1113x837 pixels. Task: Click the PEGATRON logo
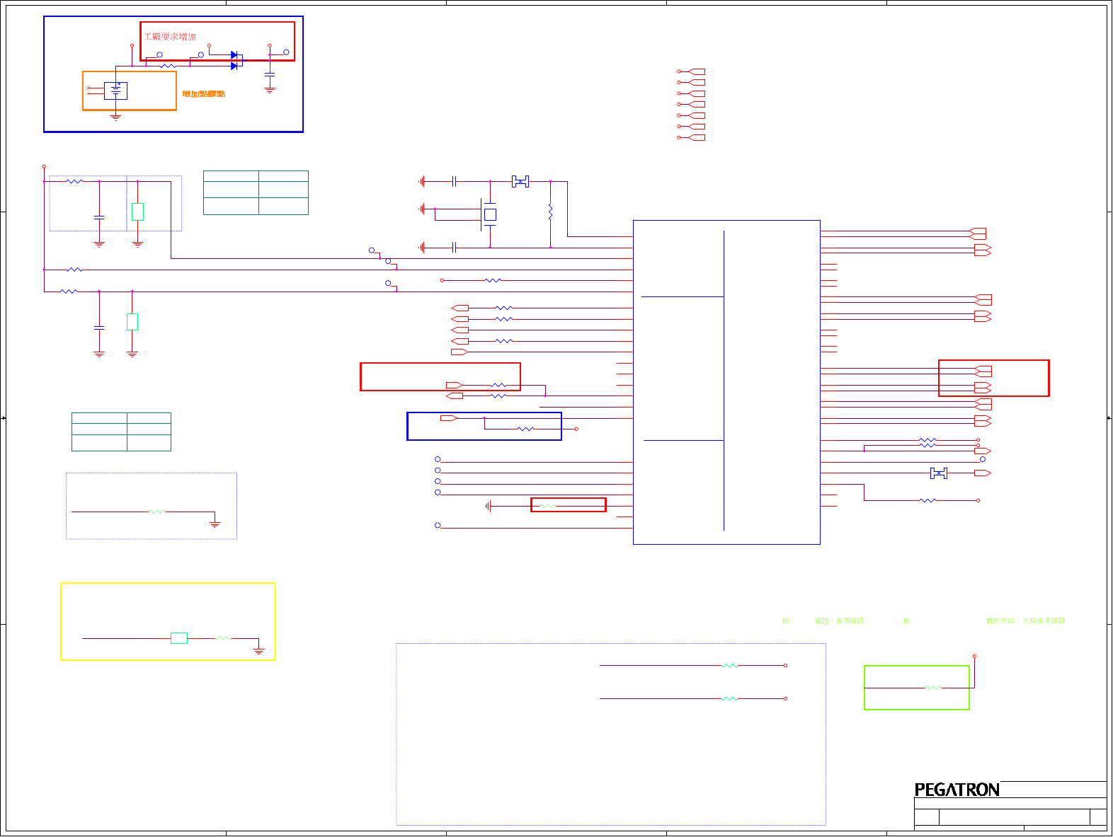tap(957, 790)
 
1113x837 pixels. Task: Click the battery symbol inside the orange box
tap(115, 90)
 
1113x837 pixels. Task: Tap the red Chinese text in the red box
tap(170, 36)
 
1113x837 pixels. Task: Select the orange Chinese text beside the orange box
tap(203, 93)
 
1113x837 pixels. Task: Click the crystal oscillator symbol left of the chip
tap(489, 214)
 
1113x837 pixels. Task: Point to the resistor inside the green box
tap(933, 687)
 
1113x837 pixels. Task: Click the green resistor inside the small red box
tap(547, 506)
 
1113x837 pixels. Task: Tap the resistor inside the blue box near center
tap(525, 429)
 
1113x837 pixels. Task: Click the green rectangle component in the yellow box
tap(179, 638)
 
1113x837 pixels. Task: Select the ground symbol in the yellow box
tap(259, 650)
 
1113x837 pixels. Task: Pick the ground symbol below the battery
tap(115, 117)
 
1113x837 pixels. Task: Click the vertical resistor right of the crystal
tap(550, 211)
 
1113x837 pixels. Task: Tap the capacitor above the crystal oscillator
tap(454, 182)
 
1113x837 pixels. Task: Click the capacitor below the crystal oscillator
tap(454, 247)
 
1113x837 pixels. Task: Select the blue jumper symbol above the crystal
tap(520, 182)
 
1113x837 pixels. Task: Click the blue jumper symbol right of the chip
tap(938, 473)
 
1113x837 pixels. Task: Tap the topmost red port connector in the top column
tap(696, 71)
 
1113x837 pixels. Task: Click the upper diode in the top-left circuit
tap(234, 54)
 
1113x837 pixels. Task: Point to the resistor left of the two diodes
tap(168, 66)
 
